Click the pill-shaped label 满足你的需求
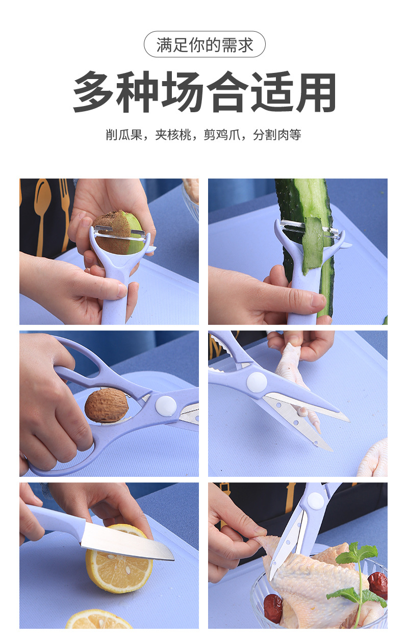(205, 44)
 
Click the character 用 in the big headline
(316, 92)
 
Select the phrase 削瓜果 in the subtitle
(124, 135)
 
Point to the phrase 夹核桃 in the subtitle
(173, 135)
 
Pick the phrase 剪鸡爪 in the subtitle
(222, 135)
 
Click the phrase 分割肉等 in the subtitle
(277, 135)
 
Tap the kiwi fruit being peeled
(119, 233)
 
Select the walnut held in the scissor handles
(107, 405)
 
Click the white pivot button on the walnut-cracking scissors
(166, 406)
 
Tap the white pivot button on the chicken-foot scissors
(257, 382)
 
